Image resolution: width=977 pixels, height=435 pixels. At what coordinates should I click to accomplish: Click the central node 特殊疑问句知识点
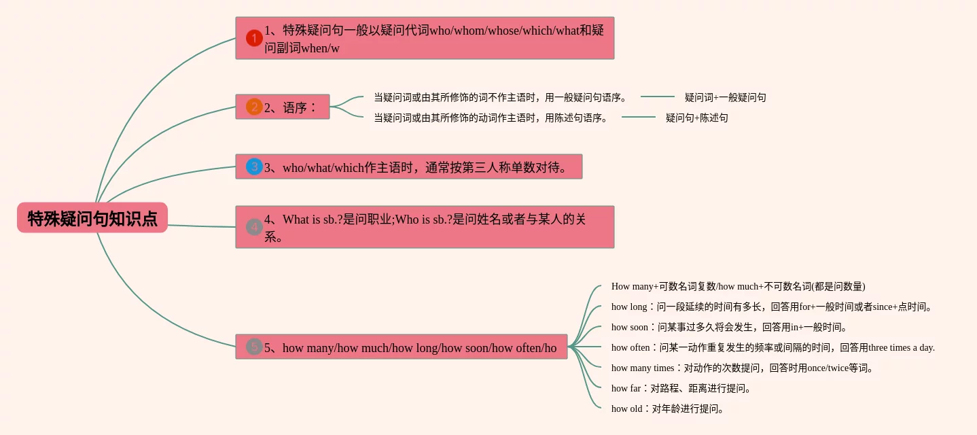tap(92, 217)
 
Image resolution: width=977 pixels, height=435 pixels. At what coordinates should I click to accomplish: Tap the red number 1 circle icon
tap(254, 38)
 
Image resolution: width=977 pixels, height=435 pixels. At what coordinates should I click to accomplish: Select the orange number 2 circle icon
tap(254, 107)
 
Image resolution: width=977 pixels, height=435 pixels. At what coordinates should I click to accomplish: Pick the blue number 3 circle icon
tap(254, 167)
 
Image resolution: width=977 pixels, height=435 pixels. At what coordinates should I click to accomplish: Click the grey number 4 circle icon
tap(254, 227)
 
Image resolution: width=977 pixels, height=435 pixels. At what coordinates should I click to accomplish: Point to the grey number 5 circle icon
tap(254, 347)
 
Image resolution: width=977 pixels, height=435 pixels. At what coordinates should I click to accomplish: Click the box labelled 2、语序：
tap(283, 107)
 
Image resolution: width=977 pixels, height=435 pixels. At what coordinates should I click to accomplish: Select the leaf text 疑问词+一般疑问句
tap(725, 97)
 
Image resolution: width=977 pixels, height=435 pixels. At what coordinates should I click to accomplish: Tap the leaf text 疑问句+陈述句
tap(696, 118)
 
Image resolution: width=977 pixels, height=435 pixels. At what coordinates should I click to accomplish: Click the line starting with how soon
tap(730, 327)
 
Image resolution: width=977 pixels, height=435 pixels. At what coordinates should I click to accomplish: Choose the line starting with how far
tap(681, 388)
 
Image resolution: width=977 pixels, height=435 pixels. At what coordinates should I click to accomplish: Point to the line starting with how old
tap(668, 408)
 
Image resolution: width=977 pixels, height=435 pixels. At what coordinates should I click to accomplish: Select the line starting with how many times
tap(742, 368)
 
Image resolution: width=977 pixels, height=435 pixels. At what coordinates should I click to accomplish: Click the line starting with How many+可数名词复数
tap(738, 286)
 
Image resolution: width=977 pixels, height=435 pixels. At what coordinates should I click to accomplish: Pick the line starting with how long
tap(772, 307)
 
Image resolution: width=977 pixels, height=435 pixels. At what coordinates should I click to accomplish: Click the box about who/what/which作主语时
tap(409, 167)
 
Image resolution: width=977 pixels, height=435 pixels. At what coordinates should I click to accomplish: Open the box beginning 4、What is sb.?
tap(425, 227)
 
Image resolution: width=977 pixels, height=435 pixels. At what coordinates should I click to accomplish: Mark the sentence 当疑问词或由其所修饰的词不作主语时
tap(500, 97)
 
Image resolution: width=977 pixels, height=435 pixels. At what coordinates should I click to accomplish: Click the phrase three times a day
tap(902, 347)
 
